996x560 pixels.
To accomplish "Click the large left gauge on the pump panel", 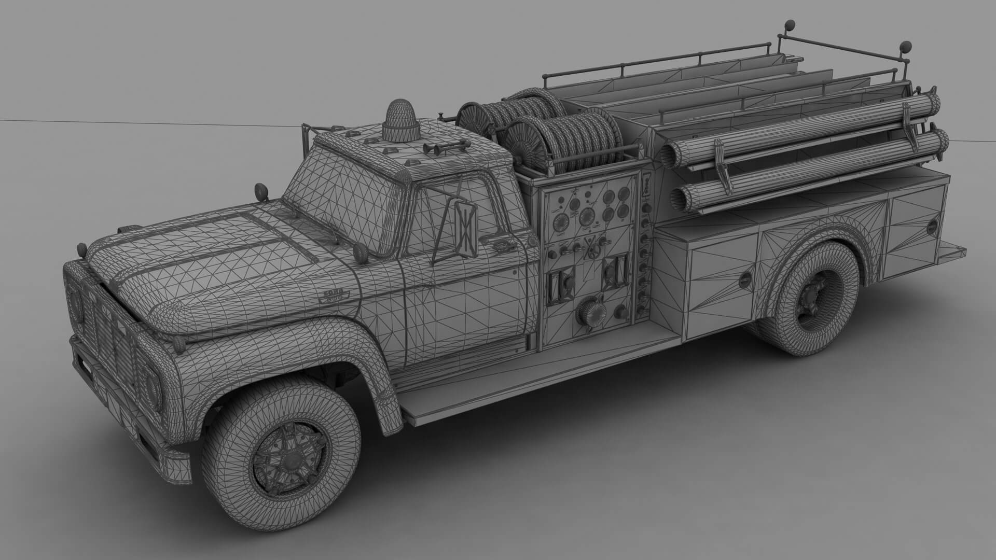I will tap(561, 223).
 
